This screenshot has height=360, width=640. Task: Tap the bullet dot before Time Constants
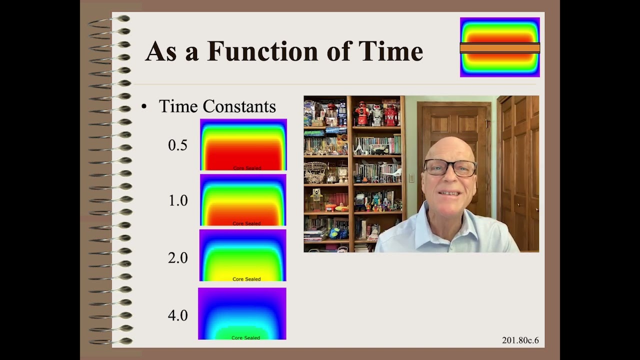pos(144,106)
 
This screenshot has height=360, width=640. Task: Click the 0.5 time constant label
pos(177,145)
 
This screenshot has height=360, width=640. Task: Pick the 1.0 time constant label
pos(177,201)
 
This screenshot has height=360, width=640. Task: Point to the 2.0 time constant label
pos(177,258)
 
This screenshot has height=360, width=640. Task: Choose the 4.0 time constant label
pos(177,315)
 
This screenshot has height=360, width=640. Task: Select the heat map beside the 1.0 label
pos(243,199)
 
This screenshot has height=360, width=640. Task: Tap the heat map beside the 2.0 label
pos(243,255)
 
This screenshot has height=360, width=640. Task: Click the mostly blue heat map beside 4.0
pos(242,313)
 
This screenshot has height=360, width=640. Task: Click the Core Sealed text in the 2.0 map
pos(246,279)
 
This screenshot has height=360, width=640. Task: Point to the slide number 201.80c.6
pos(520,340)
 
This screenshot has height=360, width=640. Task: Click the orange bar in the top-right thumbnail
pos(499,48)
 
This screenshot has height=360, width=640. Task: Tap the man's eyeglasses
pos(449,167)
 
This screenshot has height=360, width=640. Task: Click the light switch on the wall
pos(411,177)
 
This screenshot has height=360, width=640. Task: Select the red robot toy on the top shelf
pos(361,114)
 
